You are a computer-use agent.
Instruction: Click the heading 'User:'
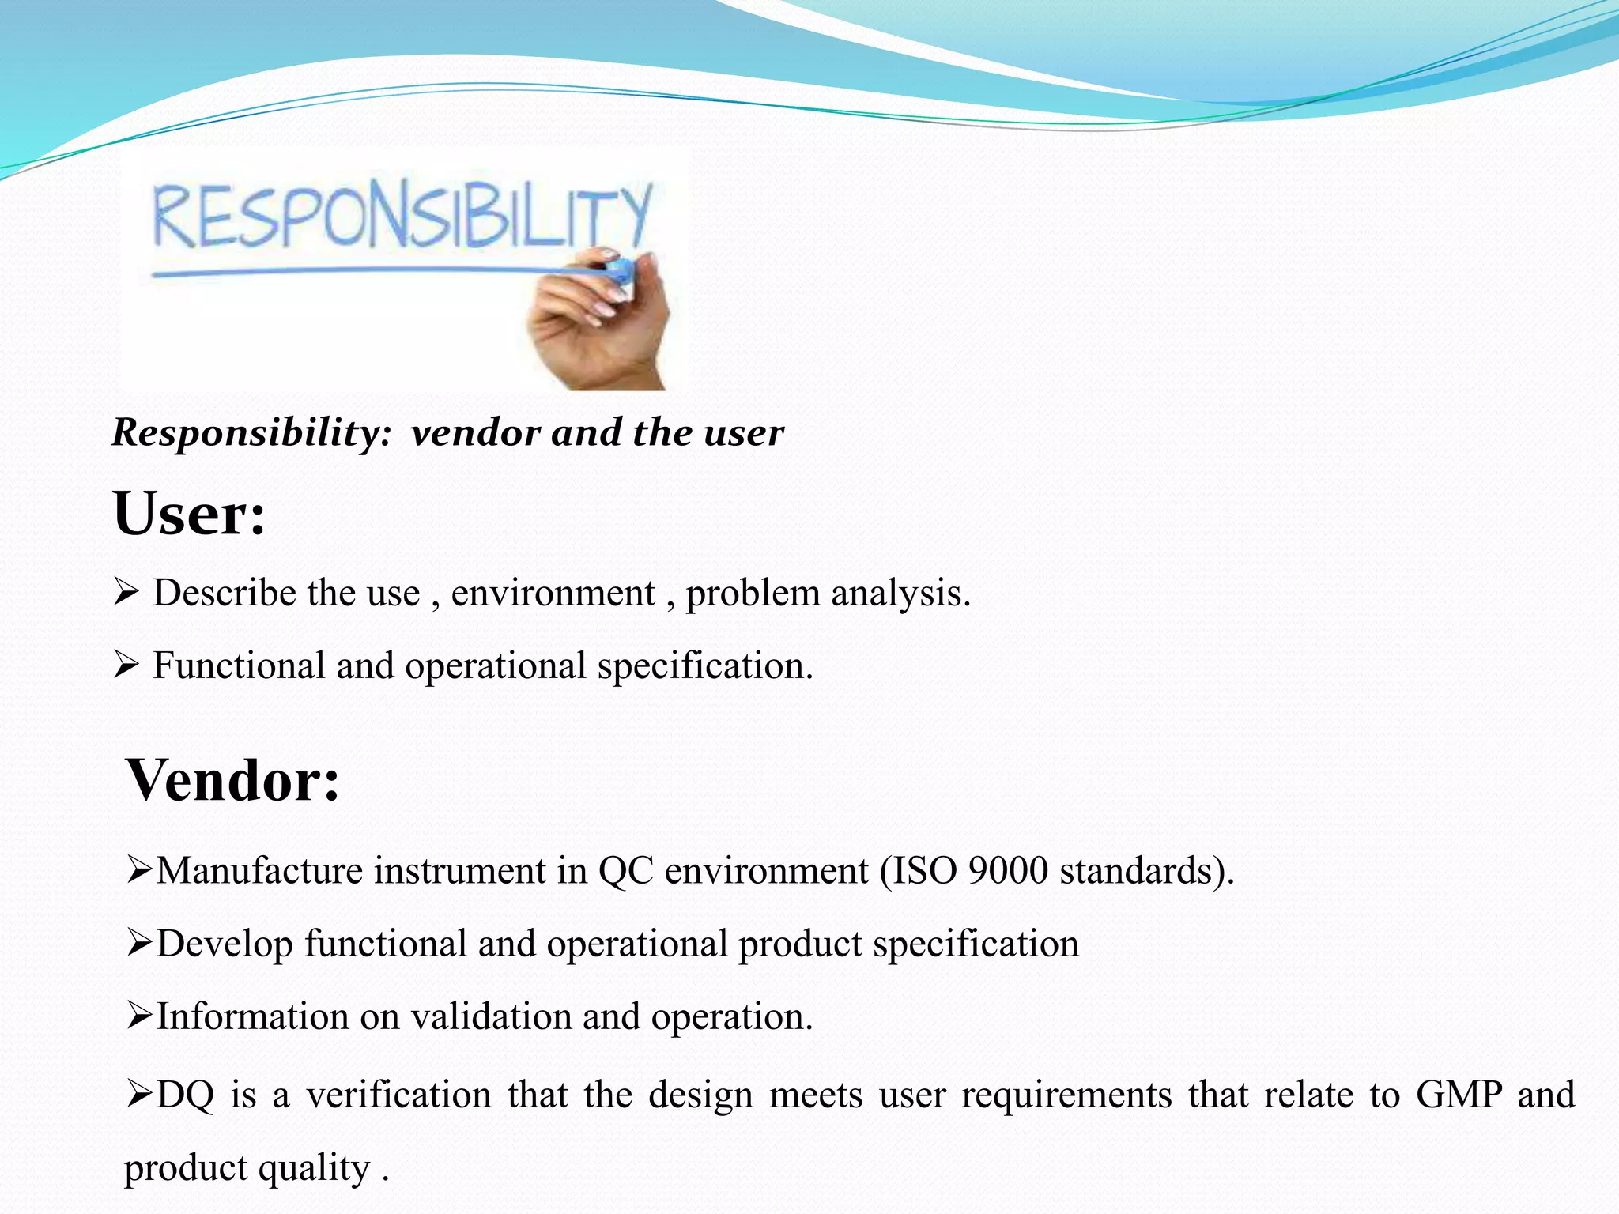click(189, 514)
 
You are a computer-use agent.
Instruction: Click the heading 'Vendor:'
click(232, 780)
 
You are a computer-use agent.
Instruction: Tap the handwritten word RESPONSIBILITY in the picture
click(402, 214)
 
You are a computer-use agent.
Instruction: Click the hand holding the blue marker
click(601, 324)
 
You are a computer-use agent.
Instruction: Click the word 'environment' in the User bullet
click(553, 593)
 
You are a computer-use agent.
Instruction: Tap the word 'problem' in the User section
click(753, 593)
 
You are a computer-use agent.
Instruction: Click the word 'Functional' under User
click(239, 665)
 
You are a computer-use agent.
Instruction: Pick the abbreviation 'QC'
click(626, 871)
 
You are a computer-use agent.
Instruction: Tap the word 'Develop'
click(225, 944)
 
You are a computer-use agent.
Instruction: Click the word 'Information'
click(252, 1016)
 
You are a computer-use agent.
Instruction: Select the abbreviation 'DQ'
click(185, 1095)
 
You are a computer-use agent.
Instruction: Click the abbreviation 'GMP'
click(1459, 1095)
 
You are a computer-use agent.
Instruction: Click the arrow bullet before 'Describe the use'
click(126, 592)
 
